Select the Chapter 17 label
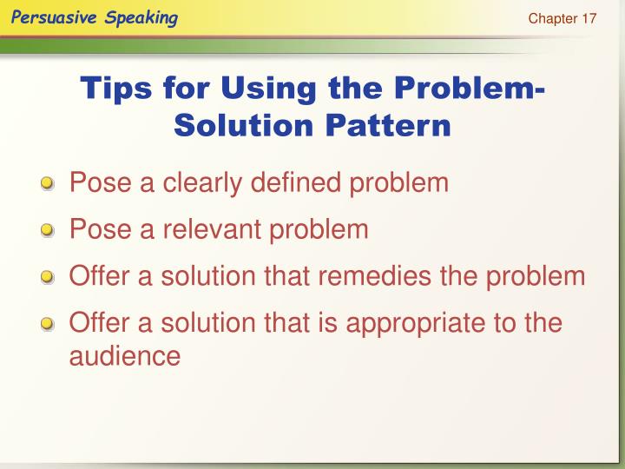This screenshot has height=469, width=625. (562, 19)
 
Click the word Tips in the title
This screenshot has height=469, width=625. (115, 88)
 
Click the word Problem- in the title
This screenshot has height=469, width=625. (466, 88)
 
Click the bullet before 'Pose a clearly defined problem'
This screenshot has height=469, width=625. (48, 185)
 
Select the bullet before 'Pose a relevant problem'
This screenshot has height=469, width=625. (48, 232)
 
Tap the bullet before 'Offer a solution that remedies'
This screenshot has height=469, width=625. (48, 279)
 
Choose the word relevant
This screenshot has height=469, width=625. (211, 230)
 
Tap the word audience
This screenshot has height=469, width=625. (124, 356)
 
